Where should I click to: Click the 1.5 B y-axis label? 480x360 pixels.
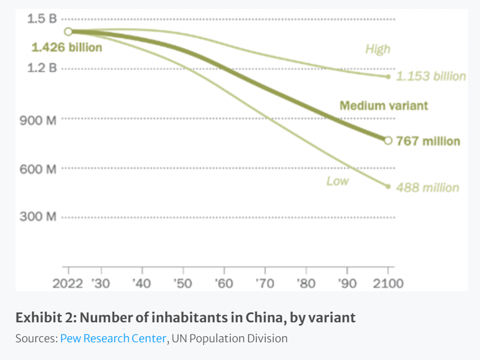tap(42, 19)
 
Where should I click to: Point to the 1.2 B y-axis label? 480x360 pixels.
tap(42, 69)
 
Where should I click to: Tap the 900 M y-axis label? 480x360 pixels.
tap(38, 120)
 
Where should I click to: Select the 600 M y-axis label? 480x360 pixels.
tap(38, 169)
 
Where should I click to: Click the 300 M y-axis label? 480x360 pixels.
tap(38, 217)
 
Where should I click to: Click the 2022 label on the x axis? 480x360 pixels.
tap(68, 284)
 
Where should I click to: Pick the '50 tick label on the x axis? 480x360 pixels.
tap(182, 284)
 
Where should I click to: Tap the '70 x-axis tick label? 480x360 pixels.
tap(264, 284)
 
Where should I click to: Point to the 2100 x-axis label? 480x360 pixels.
tap(387, 284)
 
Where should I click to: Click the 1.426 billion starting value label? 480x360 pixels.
tap(67, 48)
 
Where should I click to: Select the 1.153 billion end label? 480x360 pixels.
tap(431, 76)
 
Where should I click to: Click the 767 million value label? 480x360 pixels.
tap(427, 141)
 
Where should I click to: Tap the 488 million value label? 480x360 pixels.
tap(427, 188)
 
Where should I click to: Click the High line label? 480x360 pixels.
tap(377, 49)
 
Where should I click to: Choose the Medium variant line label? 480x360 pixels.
tap(384, 105)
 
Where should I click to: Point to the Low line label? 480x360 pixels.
tap(337, 181)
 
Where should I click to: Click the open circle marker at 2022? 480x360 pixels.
tap(68, 32)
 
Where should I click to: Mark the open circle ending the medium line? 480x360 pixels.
tap(388, 141)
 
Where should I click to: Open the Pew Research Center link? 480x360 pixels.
tap(113, 338)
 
